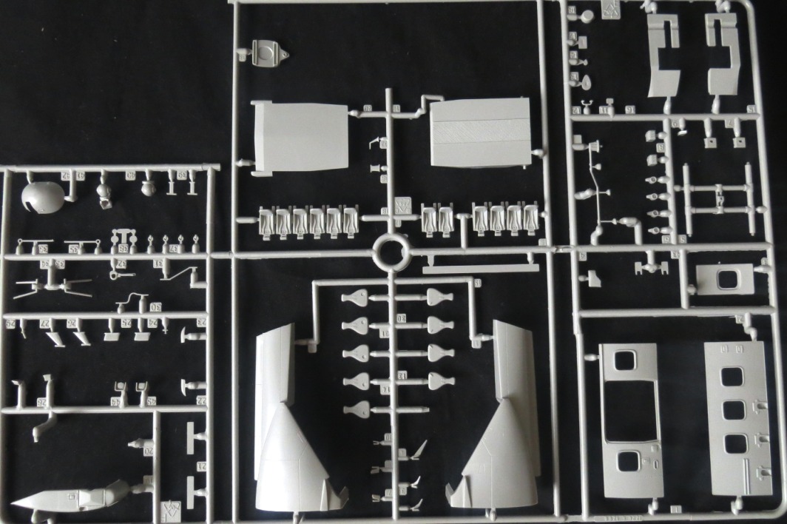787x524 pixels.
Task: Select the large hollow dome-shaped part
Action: click(43, 196)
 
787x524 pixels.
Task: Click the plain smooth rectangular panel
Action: click(300, 137)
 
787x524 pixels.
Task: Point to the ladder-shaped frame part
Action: click(717, 198)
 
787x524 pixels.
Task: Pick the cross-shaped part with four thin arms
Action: click(51, 285)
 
